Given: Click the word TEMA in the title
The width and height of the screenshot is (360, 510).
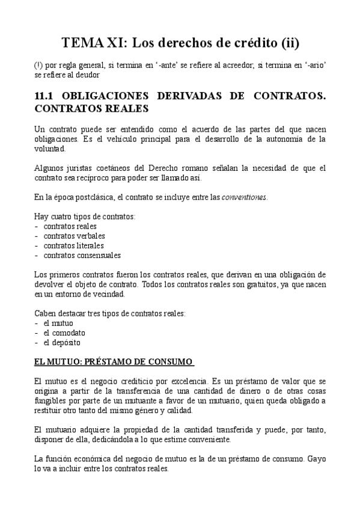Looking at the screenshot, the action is (82, 43).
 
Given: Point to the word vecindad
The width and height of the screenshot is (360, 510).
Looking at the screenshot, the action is (106, 294).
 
